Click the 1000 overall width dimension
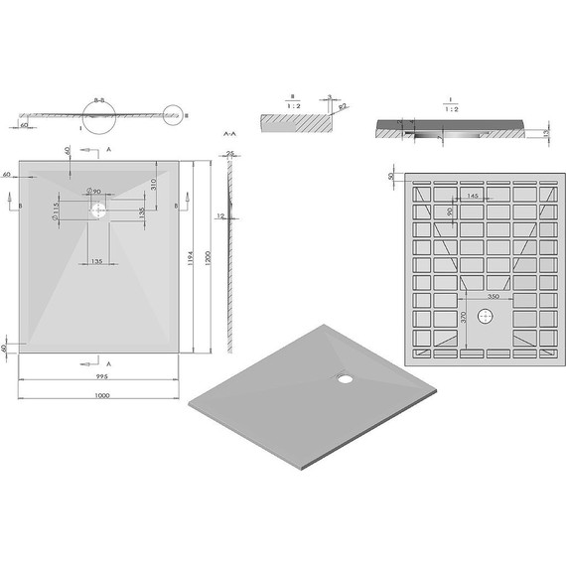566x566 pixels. [x=101, y=396]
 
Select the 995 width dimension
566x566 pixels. [x=100, y=377]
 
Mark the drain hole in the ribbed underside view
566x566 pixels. [x=486, y=316]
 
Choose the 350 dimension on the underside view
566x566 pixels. [x=493, y=297]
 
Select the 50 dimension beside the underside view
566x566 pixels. [x=391, y=176]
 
